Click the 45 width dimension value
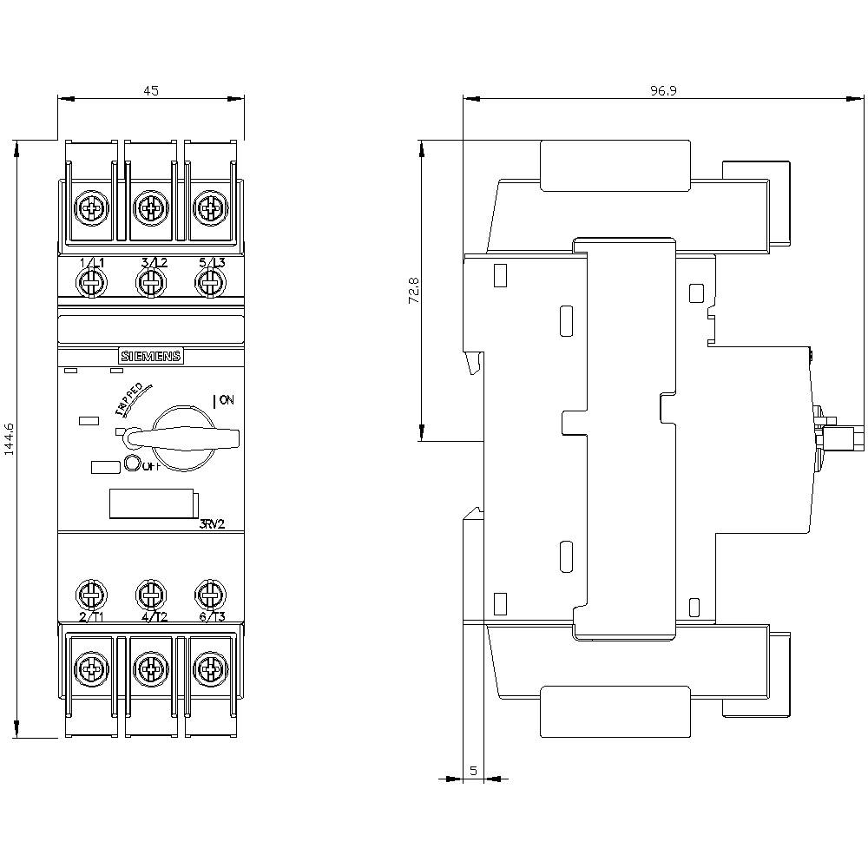[151, 89]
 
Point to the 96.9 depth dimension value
[663, 89]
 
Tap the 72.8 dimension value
[414, 290]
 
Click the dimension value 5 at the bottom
[473, 769]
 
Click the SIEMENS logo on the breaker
[150, 356]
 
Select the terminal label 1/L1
[91, 263]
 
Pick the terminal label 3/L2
[154, 263]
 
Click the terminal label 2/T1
[91, 617]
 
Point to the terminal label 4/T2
[154, 617]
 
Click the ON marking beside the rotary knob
[224, 400]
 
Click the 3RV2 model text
[210, 523]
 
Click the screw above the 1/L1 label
[90, 281]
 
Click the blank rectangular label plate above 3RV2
[151, 504]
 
